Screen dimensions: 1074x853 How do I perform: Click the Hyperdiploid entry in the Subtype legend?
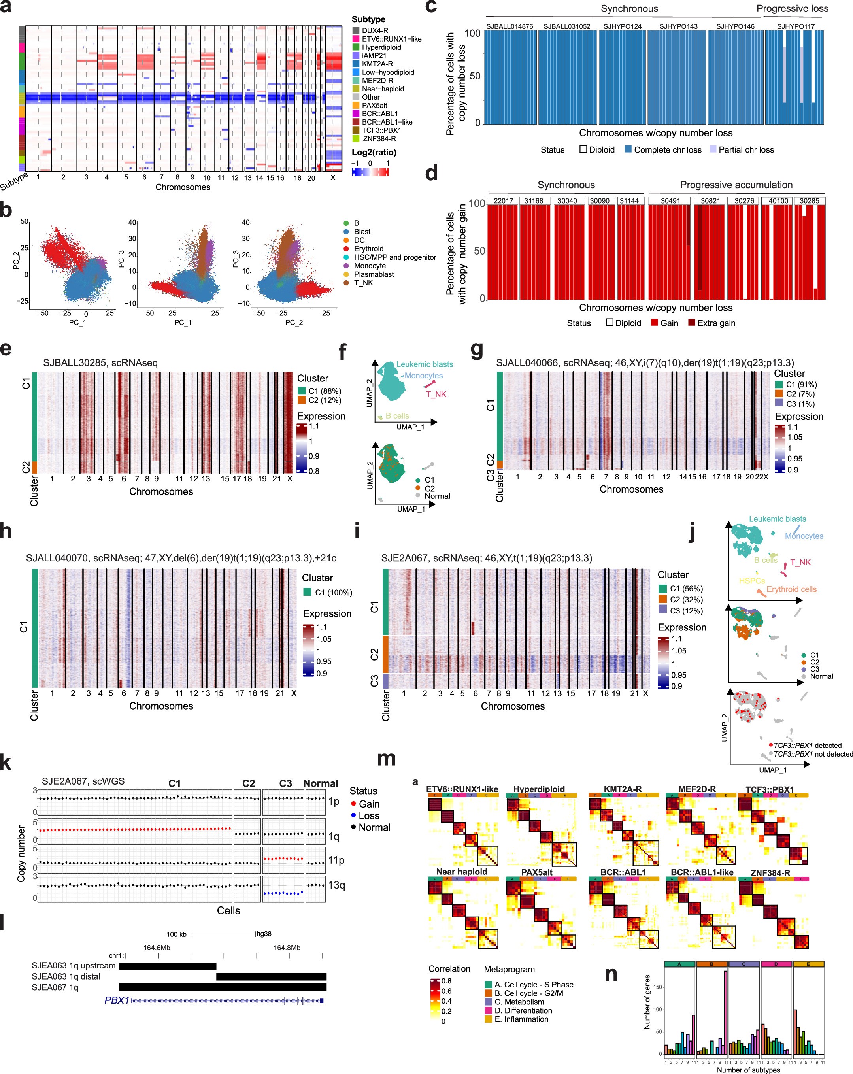point(381,47)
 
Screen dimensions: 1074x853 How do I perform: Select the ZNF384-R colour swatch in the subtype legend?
point(356,138)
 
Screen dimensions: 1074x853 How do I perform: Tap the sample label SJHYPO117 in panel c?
point(795,26)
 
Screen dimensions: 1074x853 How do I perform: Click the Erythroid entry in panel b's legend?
point(368,249)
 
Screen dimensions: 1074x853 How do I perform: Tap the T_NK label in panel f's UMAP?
point(436,394)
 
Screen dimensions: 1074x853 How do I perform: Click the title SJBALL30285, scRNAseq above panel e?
point(100,362)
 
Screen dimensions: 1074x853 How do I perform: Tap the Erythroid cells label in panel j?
point(791,589)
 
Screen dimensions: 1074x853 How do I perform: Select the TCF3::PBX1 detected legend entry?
point(807,745)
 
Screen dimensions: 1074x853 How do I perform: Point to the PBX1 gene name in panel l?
point(117,1000)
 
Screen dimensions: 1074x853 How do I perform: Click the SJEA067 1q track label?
point(55,987)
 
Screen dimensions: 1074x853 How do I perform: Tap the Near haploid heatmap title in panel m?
point(461,872)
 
